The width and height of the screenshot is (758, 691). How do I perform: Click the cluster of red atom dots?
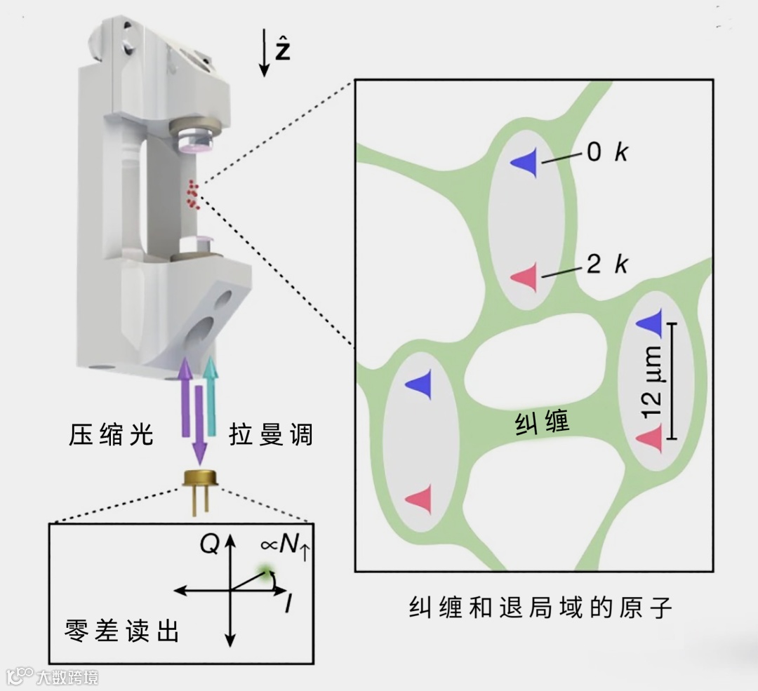tap(192, 194)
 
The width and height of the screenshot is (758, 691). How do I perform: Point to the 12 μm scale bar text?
tap(653, 383)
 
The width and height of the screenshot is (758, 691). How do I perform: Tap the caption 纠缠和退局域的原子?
tap(540, 608)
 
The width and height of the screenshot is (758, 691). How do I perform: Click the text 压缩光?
tap(111, 436)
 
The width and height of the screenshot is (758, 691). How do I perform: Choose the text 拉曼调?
tap(270, 436)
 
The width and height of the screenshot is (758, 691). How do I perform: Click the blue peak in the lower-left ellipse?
tap(418, 384)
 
